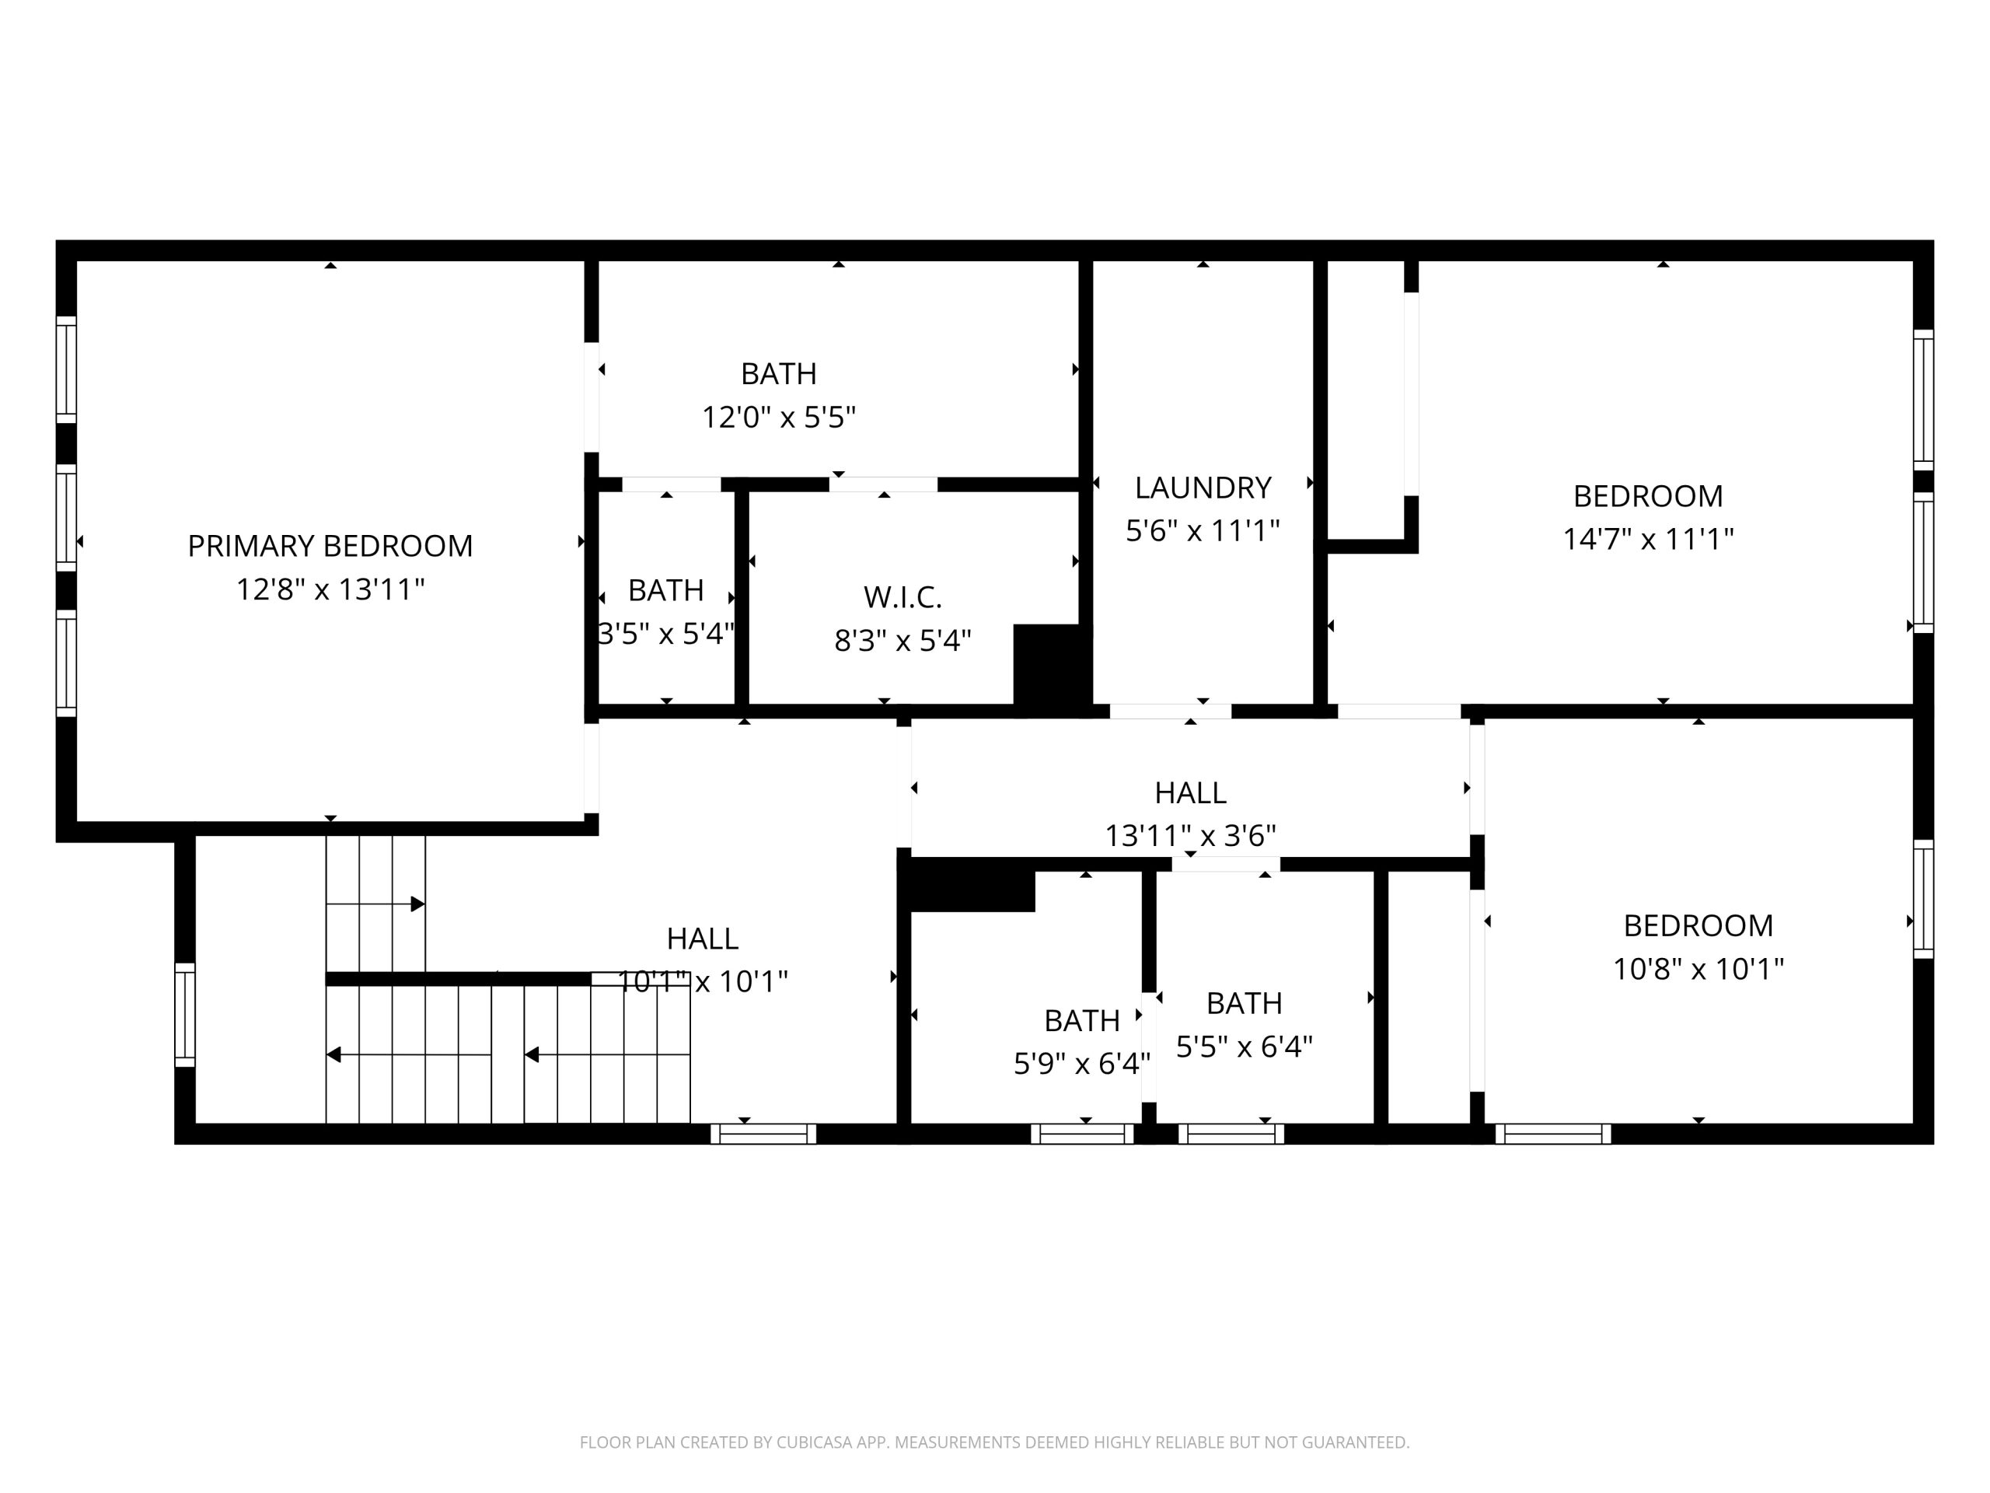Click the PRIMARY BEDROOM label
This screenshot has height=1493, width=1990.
tap(330, 545)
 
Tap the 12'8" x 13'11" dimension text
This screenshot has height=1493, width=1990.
tap(330, 589)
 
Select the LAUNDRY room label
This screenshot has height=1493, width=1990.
tap(1203, 488)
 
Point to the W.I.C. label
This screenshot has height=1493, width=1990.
tap(902, 596)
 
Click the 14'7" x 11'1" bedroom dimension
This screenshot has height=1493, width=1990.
tap(1648, 539)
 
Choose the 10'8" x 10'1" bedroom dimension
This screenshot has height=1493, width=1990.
tap(1698, 968)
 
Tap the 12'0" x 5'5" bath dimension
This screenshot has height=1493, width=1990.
tap(778, 418)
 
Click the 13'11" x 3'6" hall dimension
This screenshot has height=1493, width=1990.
tap(1190, 836)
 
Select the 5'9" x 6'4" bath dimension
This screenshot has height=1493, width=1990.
tap(1081, 1064)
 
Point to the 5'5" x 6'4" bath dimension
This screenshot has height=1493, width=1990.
tap(1245, 1047)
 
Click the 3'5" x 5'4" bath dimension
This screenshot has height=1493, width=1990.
tap(665, 634)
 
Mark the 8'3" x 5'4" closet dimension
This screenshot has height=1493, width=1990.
tap(902, 641)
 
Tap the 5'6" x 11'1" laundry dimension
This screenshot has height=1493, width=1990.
tap(1203, 531)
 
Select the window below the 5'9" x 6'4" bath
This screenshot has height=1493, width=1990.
tap(1081, 1134)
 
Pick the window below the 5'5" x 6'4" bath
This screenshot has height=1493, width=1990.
tap(1231, 1134)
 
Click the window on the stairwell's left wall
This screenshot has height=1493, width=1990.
tap(184, 1015)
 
